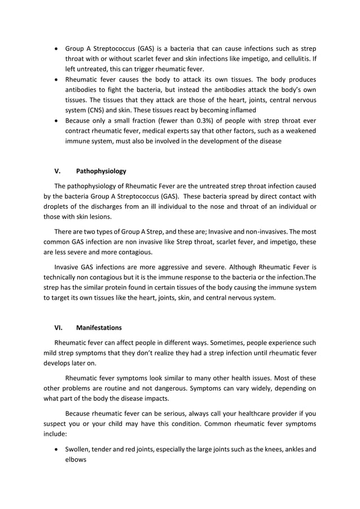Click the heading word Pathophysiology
[101, 170]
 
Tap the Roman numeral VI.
[59, 327]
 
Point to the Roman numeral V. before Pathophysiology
[57, 170]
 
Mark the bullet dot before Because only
[56, 121]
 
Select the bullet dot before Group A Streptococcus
[56, 48]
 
